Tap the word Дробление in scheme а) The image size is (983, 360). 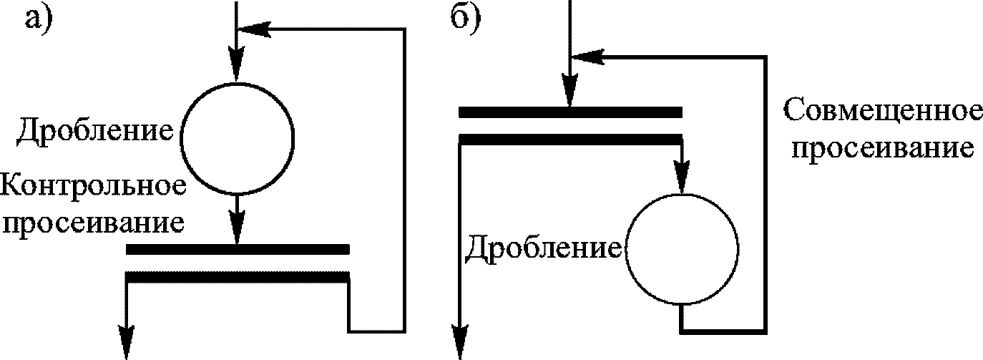pos(95,132)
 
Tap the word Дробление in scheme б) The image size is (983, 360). pos(543,248)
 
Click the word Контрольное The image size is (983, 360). pos(94,188)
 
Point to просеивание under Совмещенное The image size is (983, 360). pos(882,149)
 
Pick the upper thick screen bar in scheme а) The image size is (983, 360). pos(238,250)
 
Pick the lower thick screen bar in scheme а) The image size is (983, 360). pos(238,276)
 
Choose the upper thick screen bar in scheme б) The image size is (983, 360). pos(569,112)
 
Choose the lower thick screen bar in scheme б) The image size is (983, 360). pos(569,138)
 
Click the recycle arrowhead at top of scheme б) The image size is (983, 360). pos(589,56)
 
